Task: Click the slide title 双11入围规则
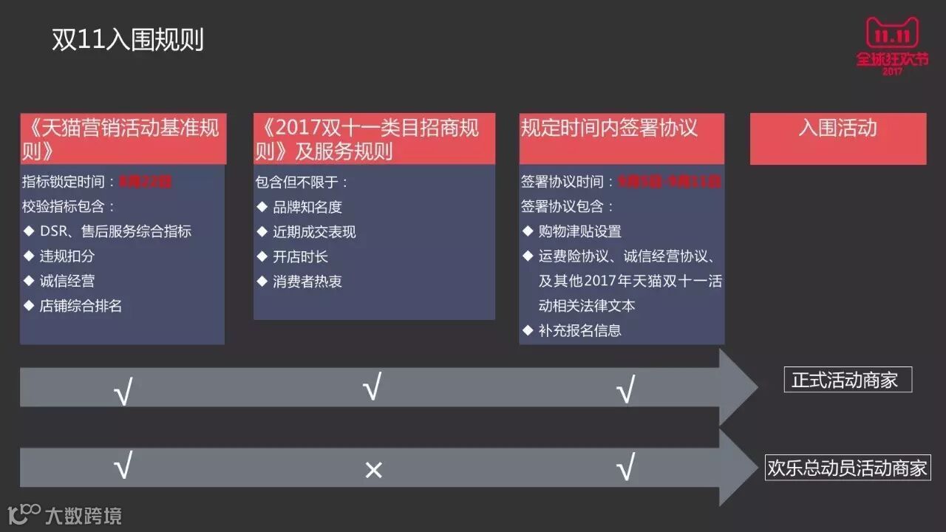pos(127,40)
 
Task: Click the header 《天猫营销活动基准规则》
pos(123,138)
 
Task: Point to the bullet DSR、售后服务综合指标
pos(115,231)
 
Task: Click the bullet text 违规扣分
pos(67,256)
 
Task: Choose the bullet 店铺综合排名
pos(81,305)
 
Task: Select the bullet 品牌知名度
pos(307,207)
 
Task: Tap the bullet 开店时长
pos(300,256)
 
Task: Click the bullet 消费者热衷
pos(307,281)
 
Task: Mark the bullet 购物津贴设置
pos(580,231)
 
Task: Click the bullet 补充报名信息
pos(580,330)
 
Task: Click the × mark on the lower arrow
pos(373,470)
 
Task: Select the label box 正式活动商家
pos(847,380)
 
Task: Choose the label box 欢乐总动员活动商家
pos(847,468)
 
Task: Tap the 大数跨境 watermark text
pos(83,515)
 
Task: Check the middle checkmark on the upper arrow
pos(372,386)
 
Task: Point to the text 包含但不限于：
pos(302,182)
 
